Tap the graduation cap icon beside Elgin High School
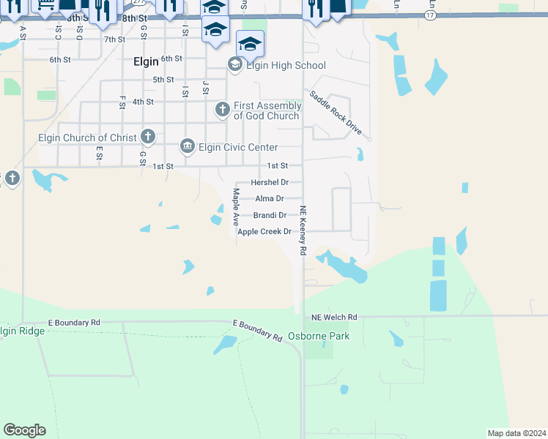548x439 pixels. [x=235, y=65]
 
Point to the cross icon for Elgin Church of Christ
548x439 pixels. [x=148, y=136]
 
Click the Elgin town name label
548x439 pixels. [x=146, y=62]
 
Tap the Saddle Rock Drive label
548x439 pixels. [x=335, y=112]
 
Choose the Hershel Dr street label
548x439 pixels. [x=270, y=182]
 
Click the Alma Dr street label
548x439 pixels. [x=269, y=198]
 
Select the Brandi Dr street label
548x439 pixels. [x=270, y=215]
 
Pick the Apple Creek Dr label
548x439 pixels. [x=264, y=232]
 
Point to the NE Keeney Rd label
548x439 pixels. [x=302, y=230]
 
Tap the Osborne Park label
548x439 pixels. [x=319, y=337]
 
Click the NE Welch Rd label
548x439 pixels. [x=334, y=317]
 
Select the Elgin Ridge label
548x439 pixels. [x=23, y=331]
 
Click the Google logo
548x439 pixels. [x=24, y=430]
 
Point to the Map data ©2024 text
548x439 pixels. [x=516, y=432]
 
